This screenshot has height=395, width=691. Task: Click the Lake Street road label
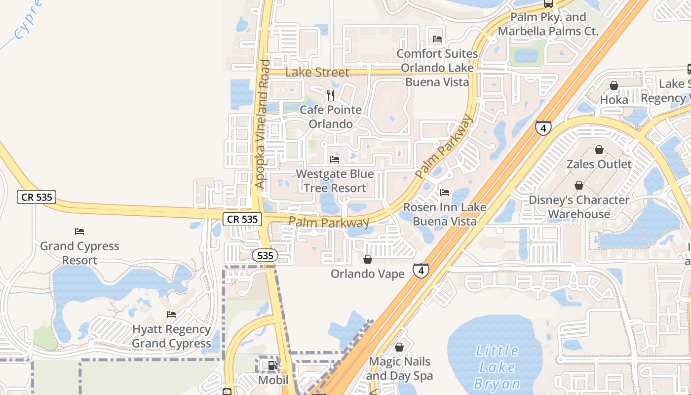(x=317, y=72)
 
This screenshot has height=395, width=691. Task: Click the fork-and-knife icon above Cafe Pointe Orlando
(x=331, y=95)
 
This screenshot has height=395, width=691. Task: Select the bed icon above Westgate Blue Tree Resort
(x=335, y=159)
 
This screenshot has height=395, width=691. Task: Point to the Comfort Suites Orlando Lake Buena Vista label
(x=437, y=68)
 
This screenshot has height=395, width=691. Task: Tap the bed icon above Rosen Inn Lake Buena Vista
(x=445, y=193)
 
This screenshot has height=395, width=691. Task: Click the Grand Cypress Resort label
(x=79, y=253)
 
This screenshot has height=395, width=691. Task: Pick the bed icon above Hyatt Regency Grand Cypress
(x=171, y=314)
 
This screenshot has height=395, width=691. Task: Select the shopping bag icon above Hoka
(x=614, y=85)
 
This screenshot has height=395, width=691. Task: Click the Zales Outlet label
(x=599, y=164)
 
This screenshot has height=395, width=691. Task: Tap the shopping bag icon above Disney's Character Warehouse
(x=579, y=185)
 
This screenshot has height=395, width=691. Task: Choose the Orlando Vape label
(x=368, y=274)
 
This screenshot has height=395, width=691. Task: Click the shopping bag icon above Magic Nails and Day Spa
(x=399, y=348)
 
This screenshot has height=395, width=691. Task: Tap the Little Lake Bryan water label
(x=497, y=367)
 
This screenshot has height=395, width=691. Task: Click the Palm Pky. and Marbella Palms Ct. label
(x=548, y=24)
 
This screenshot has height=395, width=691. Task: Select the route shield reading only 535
(x=265, y=256)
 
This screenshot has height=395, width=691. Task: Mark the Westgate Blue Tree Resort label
(x=335, y=181)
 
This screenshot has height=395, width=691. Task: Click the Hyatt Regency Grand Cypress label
(x=171, y=336)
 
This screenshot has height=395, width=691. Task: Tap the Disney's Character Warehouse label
(x=579, y=207)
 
